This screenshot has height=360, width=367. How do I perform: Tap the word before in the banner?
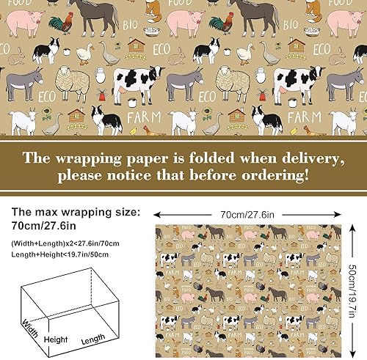pos(219,176)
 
